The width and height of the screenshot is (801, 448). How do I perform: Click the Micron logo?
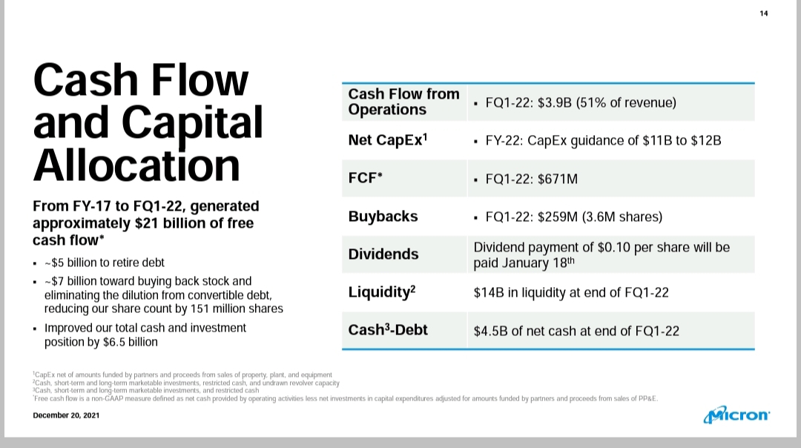pos(736,415)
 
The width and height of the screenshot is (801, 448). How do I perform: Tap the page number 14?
pos(764,13)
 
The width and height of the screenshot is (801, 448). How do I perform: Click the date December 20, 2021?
pos(66,415)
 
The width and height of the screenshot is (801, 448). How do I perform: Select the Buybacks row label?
pos(383,217)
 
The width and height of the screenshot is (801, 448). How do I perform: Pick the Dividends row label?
pos(383,254)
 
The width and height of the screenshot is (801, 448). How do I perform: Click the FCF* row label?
pos(365,178)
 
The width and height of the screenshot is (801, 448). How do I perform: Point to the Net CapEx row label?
pos(388,139)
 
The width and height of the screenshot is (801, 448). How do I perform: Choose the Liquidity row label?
pos(382,291)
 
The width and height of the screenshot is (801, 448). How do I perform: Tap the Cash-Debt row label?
pos(388,329)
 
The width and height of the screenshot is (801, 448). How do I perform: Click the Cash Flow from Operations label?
pos(403,102)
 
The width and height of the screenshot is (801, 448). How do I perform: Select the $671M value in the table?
pos(557,179)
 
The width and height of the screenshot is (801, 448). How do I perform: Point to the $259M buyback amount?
pos(557,217)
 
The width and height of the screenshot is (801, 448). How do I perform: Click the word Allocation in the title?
pos(136,165)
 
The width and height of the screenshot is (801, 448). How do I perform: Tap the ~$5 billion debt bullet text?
pos(105,263)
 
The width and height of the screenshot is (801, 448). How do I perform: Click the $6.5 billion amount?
pos(131,342)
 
